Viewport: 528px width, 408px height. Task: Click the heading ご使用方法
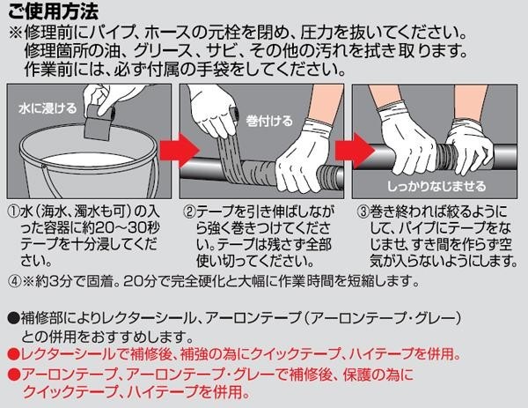(53, 11)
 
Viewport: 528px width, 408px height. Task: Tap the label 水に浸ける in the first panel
(48, 108)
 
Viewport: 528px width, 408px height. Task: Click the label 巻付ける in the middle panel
(269, 121)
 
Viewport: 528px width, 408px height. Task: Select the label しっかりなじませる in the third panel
(436, 186)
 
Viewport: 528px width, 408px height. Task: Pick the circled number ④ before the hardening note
(14, 280)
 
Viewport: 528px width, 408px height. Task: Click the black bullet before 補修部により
(14, 317)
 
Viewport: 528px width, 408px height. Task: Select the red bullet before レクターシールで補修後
(14, 353)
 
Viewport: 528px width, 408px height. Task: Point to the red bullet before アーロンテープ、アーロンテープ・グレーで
(14, 374)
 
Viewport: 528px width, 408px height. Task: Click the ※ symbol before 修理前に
(16, 33)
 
